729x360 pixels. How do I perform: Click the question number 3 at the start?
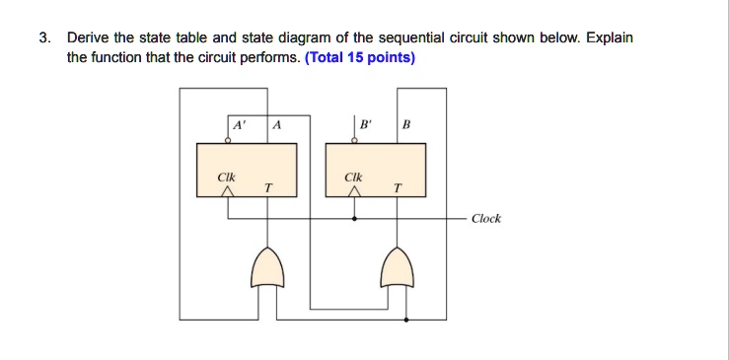tap(42, 38)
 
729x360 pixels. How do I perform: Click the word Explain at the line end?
tap(610, 38)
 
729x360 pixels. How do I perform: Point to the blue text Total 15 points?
tap(361, 57)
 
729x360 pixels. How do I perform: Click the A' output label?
tap(237, 125)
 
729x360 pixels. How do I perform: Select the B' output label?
tap(366, 125)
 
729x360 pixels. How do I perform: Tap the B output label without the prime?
tap(405, 125)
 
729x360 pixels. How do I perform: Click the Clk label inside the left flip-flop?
tap(226, 178)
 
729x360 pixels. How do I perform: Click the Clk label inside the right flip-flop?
tap(354, 178)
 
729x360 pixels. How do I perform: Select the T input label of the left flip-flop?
tap(267, 187)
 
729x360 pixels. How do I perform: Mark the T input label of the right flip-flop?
tap(397, 187)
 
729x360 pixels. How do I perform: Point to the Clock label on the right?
tap(485, 218)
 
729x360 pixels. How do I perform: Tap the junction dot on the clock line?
tap(355, 218)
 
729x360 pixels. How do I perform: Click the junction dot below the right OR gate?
tap(406, 321)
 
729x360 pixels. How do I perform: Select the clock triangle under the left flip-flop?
tap(227, 195)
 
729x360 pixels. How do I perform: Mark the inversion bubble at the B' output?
tap(355, 141)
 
